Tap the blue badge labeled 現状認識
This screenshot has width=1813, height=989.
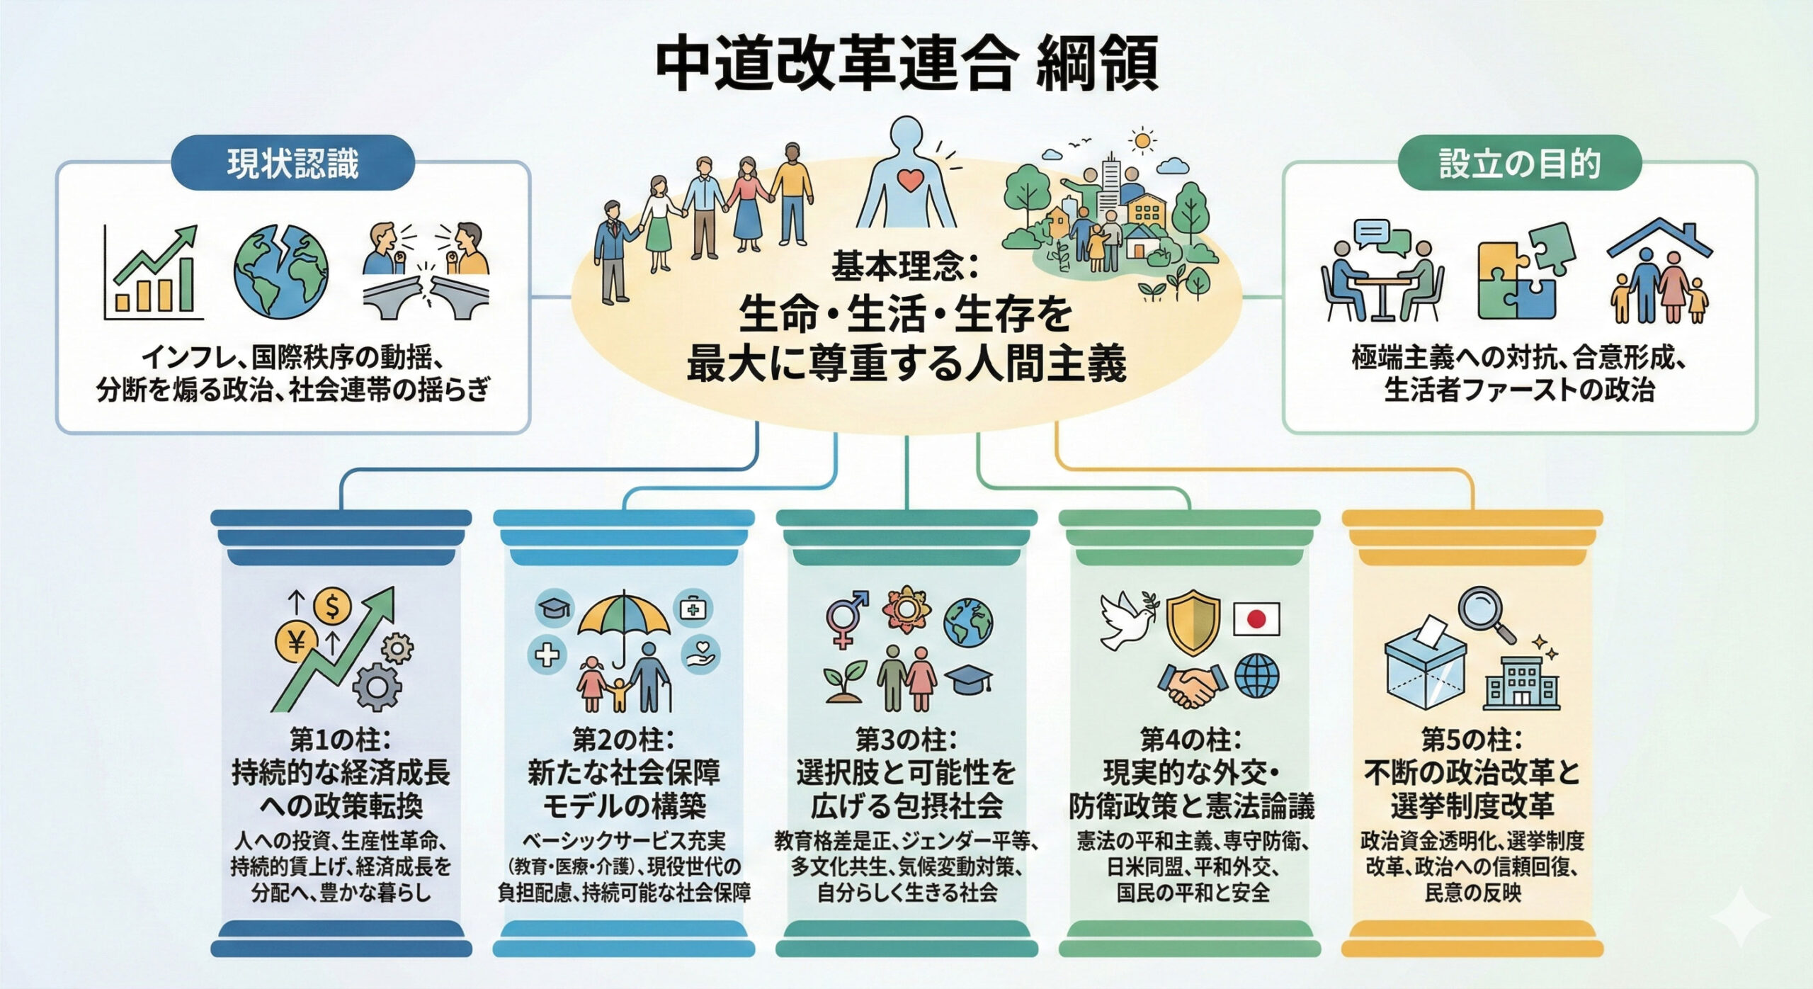[292, 164]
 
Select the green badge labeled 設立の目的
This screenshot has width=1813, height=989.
[1519, 164]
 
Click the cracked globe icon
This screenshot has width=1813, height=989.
[281, 272]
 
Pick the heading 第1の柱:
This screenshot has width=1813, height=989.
[341, 740]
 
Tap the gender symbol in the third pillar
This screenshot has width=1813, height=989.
[846, 620]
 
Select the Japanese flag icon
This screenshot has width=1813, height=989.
[1256, 619]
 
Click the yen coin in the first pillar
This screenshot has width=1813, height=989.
[297, 642]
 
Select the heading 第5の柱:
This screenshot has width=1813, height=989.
[1472, 740]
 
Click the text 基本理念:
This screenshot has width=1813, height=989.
[904, 267]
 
